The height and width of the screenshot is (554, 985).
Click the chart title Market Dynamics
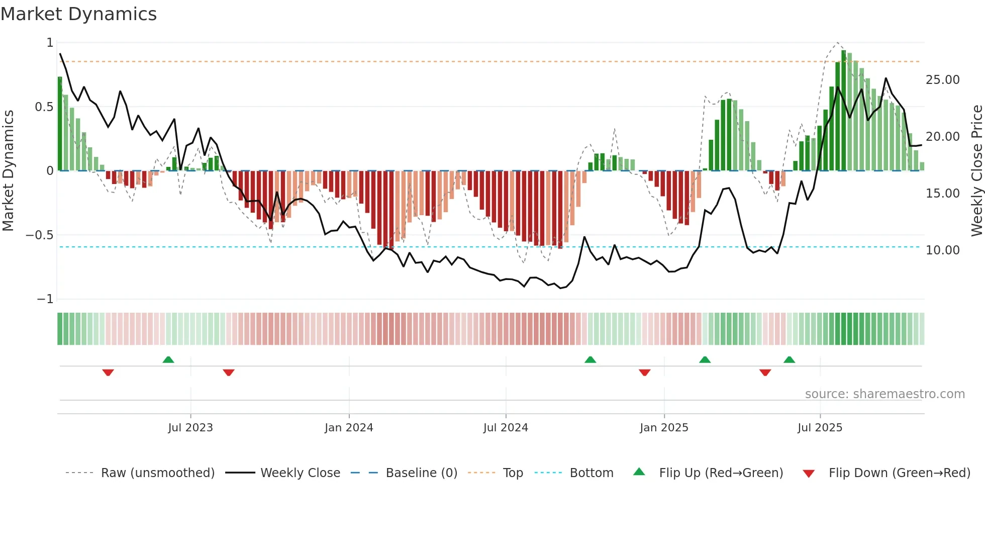pyautogui.click(x=78, y=14)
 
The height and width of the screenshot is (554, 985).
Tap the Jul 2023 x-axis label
pyautogui.click(x=190, y=428)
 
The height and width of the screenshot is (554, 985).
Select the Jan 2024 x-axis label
pyautogui.click(x=349, y=428)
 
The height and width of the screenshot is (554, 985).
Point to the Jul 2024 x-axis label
pyautogui.click(x=506, y=428)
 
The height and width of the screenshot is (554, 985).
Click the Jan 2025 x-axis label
pyautogui.click(x=664, y=428)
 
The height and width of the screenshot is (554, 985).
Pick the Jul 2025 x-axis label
pyautogui.click(x=820, y=428)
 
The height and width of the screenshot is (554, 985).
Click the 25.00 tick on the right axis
pyautogui.click(x=942, y=80)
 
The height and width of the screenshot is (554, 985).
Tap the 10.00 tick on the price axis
pyautogui.click(x=942, y=250)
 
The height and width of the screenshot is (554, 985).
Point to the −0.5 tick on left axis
pyautogui.click(x=39, y=235)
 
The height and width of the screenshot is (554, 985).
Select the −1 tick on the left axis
pyautogui.click(x=45, y=299)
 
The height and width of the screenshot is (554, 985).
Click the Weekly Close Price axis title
pyautogui.click(x=976, y=170)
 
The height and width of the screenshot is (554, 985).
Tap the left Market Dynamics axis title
pyautogui.click(x=8, y=170)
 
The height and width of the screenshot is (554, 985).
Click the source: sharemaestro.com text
pyautogui.click(x=884, y=394)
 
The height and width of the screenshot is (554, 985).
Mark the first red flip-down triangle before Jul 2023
pyautogui.click(x=108, y=373)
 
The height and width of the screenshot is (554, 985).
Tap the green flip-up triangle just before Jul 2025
pyautogui.click(x=789, y=360)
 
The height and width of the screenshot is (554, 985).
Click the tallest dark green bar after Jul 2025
pyautogui.click(x=844, y=111)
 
